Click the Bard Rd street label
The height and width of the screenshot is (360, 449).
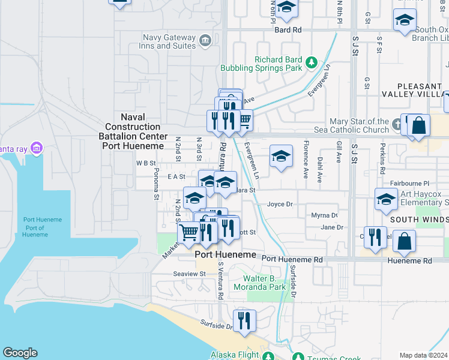tap(288, 29)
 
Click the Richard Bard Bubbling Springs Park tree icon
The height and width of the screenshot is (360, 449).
tap(312, 61)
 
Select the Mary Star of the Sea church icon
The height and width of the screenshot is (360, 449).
tap(396, 125)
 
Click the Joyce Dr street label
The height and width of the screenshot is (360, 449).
tap(280, 204)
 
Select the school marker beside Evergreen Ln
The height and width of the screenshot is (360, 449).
tap(281, 157)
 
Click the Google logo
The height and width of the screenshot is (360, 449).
tap(20, 353)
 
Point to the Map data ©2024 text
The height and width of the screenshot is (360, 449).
tap(423, 355)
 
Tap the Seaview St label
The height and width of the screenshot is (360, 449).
tap(190, 274)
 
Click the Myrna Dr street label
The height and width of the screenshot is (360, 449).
tap(325, 215)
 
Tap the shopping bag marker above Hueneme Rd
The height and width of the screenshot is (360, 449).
tap(406, 241)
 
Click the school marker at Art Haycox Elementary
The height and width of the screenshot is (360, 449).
tap(385, 200)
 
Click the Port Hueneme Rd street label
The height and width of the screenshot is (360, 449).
tap(292, 260)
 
